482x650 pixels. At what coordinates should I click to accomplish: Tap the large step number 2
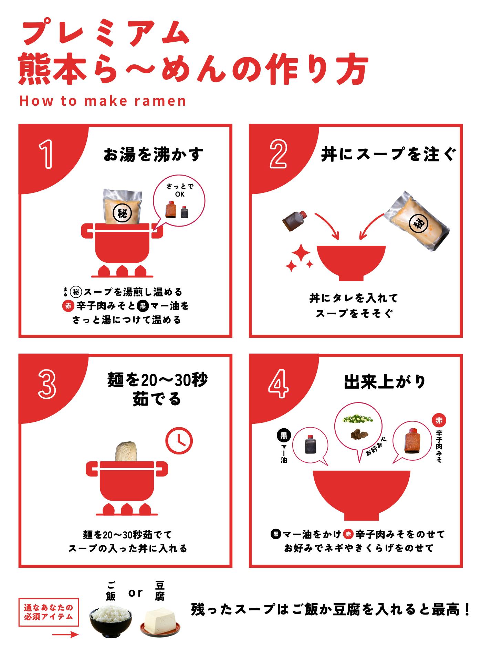(x=278, y=155)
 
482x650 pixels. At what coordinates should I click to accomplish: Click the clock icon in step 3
(x=179, y=440)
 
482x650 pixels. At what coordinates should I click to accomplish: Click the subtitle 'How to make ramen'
(x=103, y=101)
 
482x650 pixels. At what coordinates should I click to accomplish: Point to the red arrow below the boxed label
(x=65, y=635)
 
